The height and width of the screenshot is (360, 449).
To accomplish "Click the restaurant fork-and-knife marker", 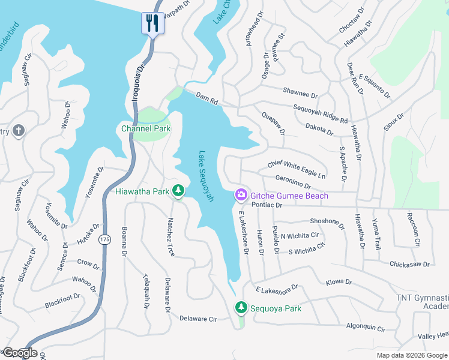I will [x=152, y=23].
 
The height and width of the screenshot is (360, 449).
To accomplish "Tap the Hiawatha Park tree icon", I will [x=178, y=191].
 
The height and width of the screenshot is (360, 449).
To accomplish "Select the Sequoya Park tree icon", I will [x=241, y=307].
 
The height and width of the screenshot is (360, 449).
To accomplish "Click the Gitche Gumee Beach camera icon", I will [x=241, y=195].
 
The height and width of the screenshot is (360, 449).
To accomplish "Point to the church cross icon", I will [x=19, y=130].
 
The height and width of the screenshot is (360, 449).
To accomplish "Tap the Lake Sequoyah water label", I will [x=206, y=176].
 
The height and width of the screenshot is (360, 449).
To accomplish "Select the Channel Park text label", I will [x=146, y=128].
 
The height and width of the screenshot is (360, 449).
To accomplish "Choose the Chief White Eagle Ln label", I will [x=296, y=169].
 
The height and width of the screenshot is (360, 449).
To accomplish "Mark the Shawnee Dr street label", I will [x=300, y=92].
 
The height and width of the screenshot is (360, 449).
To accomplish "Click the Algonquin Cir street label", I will [x=364, y=328].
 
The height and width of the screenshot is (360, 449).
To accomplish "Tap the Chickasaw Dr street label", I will [x=410, y=263].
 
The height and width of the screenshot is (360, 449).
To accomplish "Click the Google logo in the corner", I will [x=19, y=353].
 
